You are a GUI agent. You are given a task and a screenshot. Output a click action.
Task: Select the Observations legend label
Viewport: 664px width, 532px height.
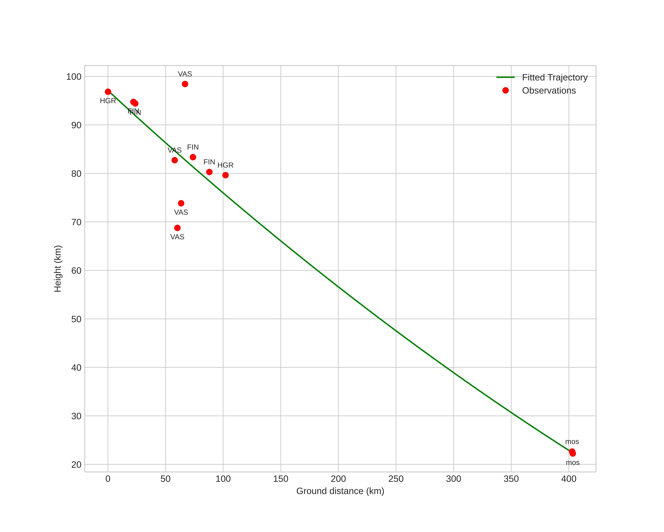(x=549, y=91)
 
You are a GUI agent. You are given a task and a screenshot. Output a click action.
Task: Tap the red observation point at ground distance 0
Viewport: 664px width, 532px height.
(x=108, y=92)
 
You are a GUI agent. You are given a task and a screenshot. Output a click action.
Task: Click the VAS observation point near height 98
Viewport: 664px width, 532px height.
(x=185, y=84)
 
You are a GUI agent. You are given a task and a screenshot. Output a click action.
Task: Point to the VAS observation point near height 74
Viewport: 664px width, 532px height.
(x=181, y=203)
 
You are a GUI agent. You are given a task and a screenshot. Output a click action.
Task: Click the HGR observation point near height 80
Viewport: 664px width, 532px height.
(x=225, y=175)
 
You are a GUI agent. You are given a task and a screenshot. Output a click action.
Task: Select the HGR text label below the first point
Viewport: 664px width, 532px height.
(x=108, y=101)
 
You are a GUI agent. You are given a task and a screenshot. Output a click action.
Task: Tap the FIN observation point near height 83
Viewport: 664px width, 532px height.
(x=193, y=157)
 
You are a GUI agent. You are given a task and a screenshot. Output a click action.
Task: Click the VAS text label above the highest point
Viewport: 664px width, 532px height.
(x=185, y=74)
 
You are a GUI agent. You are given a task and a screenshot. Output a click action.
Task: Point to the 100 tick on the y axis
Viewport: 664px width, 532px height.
(x=74, y=77)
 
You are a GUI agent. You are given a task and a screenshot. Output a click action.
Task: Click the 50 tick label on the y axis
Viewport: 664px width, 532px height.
(x=76, y=319)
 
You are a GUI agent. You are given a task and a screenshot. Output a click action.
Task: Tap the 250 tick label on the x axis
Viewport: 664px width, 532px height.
(x=396, y=479)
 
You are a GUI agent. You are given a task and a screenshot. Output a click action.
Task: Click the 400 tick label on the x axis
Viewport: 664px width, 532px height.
(x=569, y=479)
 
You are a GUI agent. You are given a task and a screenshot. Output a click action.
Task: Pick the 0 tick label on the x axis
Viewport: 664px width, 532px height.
(x=108, y=479)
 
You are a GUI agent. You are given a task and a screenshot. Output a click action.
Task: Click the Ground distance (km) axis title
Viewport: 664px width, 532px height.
(x=340, y=491)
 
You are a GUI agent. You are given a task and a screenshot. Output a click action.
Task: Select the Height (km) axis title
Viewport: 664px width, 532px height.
(x=58, y=269)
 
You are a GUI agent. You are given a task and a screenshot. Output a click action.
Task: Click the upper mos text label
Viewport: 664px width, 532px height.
(x=572, y=442)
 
